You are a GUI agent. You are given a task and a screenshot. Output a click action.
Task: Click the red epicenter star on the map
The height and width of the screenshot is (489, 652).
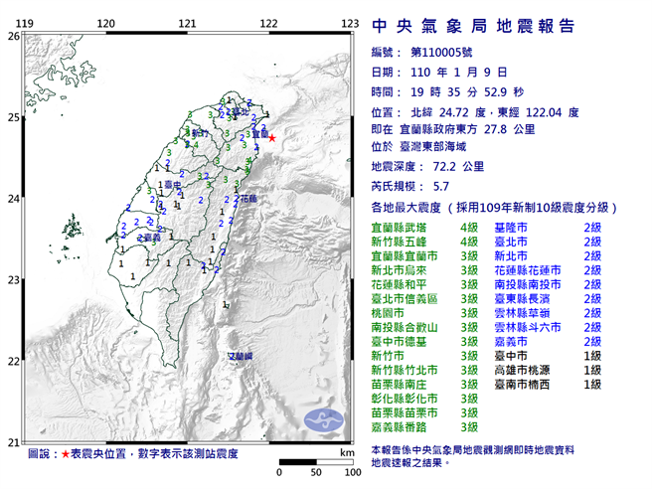[271, 138]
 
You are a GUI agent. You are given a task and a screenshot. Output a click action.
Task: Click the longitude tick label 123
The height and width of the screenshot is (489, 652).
[349, 22]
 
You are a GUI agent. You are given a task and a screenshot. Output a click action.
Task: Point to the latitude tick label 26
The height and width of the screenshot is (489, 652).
[13, 36]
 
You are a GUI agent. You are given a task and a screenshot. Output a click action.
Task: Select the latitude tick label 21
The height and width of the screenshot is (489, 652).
[13, 442]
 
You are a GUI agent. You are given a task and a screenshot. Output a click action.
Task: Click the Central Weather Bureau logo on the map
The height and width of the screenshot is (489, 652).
[320, 419]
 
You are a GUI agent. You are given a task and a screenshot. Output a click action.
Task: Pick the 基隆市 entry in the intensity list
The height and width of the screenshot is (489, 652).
[510, 228]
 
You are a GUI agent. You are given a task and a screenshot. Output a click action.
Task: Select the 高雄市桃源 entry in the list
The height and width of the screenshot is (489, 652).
[524, 369]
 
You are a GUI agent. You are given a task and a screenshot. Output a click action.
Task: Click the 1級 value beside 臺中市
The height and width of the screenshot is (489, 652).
[592, 355]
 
